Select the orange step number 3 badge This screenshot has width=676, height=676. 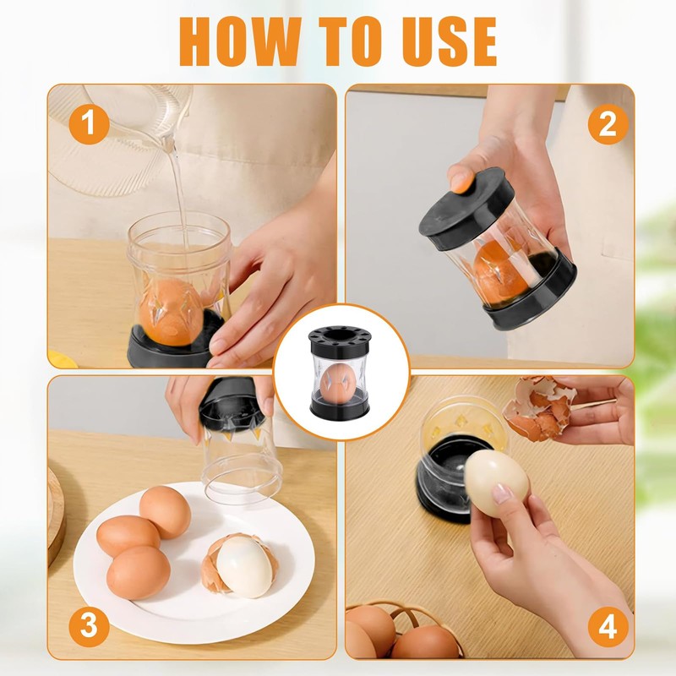point(89,626)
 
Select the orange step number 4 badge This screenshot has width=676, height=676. point(608,626)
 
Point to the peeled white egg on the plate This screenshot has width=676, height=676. point(244,568)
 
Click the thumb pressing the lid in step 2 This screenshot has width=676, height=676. point(461,180)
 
